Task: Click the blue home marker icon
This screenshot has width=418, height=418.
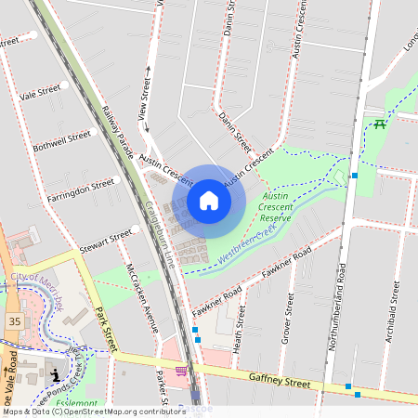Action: point(209,201)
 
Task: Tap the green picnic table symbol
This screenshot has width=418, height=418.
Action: point(379,124)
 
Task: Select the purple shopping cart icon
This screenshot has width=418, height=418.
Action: point(181,371)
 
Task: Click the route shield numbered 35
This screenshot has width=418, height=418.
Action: point(14,320)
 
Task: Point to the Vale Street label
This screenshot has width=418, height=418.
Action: point(40,93)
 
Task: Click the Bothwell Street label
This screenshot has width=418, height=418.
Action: point(61,136)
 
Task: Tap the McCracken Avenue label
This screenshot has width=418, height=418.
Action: point(141,298)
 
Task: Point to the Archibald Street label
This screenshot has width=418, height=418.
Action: point(395,307)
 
